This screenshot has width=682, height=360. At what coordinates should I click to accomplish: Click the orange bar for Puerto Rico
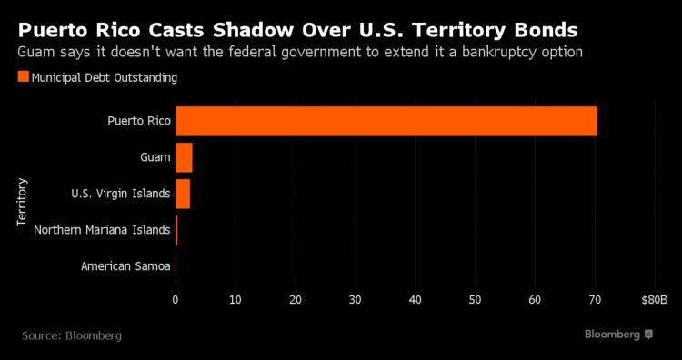pyautogui.click(x=386, y=121)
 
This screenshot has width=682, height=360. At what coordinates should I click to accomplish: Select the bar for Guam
pyautogui.click(x=184, y=157)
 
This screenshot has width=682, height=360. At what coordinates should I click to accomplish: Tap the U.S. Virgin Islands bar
pyautogui.click(x=183, y=194)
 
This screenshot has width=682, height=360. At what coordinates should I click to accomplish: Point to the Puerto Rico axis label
pyautogui.click(x=138, y=121)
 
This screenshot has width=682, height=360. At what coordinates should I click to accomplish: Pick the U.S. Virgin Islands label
pyautogui.click(x=121, y=194)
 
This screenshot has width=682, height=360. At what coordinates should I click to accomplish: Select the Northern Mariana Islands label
pyautogui.click(x=102, y=230)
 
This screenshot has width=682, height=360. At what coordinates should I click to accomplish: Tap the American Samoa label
pyautogui.click(x=125, y=266)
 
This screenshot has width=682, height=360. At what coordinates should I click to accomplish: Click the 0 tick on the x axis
pyautogui.click(x=176, y=298)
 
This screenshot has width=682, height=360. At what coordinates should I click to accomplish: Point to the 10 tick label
pyautogui.click(x=236, y=298)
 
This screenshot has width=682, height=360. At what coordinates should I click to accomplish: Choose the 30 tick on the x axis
pyautogui.click(x=356, y=298)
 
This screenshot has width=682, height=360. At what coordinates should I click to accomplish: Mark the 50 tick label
pyautogui.click(x=476, y=298)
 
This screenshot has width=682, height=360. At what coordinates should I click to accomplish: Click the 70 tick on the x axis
pyautogui.click(x=596, y=298)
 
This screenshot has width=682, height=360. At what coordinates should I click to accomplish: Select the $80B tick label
pyautogui.click(x=654, y=298)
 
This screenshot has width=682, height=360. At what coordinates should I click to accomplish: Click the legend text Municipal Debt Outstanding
pyautogui.click(x=104, y=77)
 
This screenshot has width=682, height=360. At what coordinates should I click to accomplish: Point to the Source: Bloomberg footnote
pyautogui.click(x=72, y=335)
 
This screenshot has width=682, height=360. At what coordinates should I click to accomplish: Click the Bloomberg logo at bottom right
pyautogui.click(x=618, y=335)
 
